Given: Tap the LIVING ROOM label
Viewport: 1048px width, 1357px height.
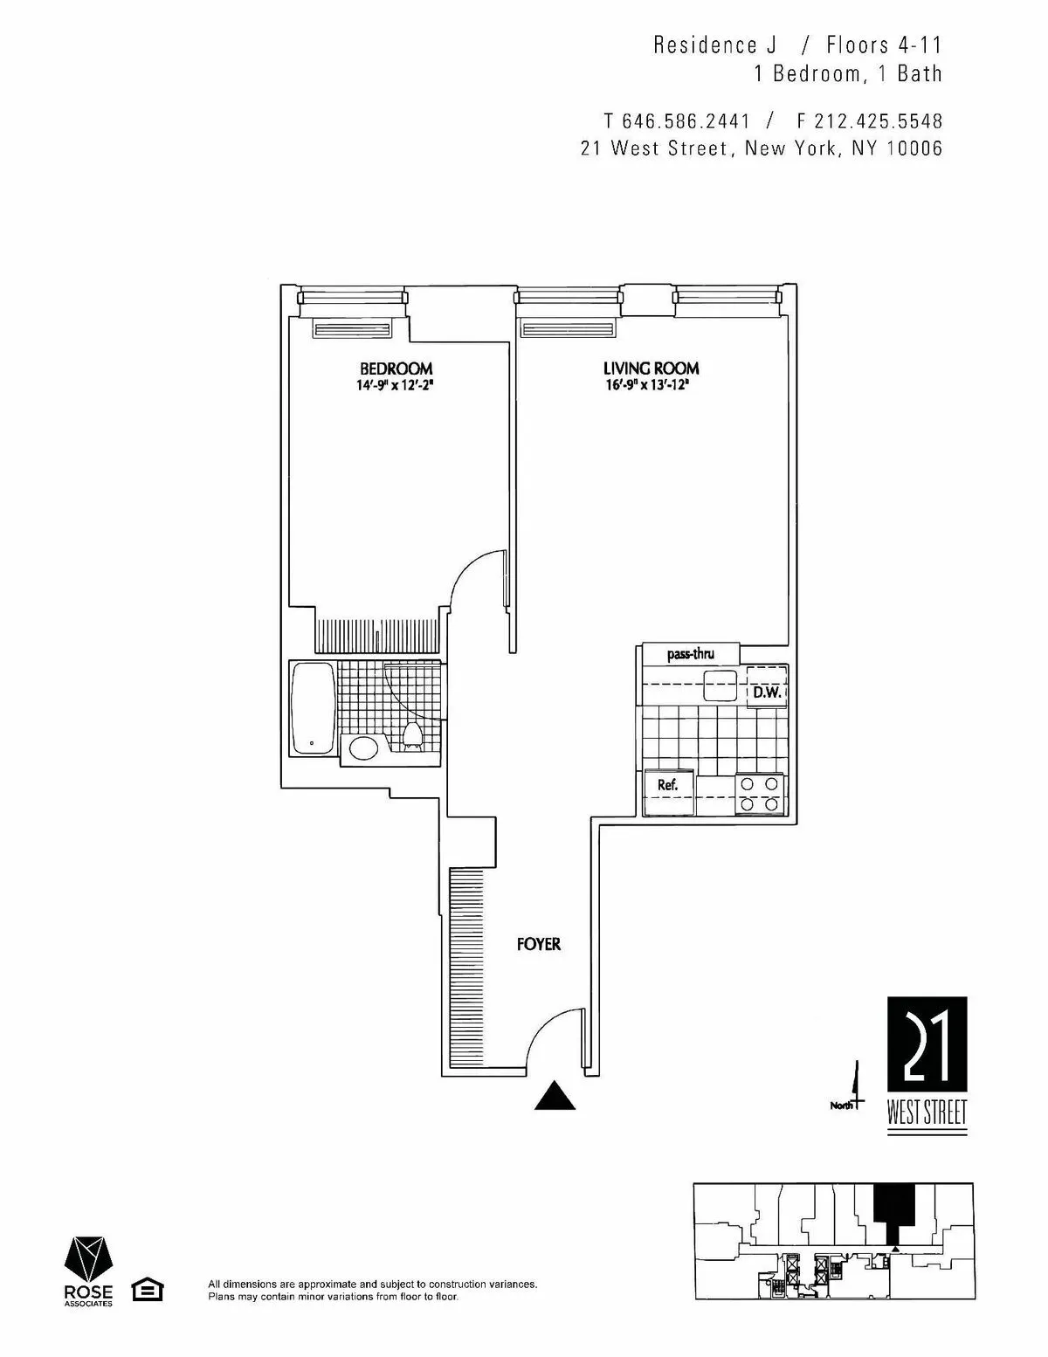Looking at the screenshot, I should (x=651, y=369).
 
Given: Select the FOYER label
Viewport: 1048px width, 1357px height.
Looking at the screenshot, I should (x=538, y=944).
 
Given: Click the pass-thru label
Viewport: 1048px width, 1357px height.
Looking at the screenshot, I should (x=691, y=654).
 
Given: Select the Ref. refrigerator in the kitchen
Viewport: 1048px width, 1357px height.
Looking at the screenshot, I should (x=668, y=785).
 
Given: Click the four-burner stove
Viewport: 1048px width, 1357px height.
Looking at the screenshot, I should (x=759, y=794).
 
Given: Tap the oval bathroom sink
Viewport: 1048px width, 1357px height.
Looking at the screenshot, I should (x=364, y=748).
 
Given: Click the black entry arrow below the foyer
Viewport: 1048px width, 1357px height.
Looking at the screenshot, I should (x=555, y=1095).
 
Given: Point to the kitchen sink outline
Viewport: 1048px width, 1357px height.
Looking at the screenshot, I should (x=721, y=685).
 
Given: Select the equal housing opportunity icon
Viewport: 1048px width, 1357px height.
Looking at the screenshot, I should (x=147, y=1290).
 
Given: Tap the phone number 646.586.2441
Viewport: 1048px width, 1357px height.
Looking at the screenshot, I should (x=686, y=120).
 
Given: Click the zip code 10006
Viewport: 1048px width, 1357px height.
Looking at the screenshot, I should (x=914, y=148).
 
